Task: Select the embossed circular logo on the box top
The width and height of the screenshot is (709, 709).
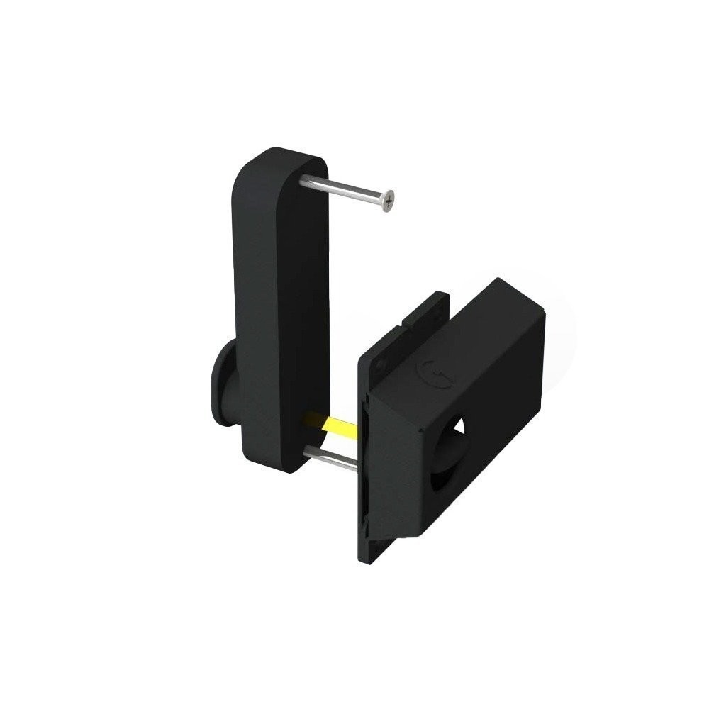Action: pyautogui.click(x=429, y=369)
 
